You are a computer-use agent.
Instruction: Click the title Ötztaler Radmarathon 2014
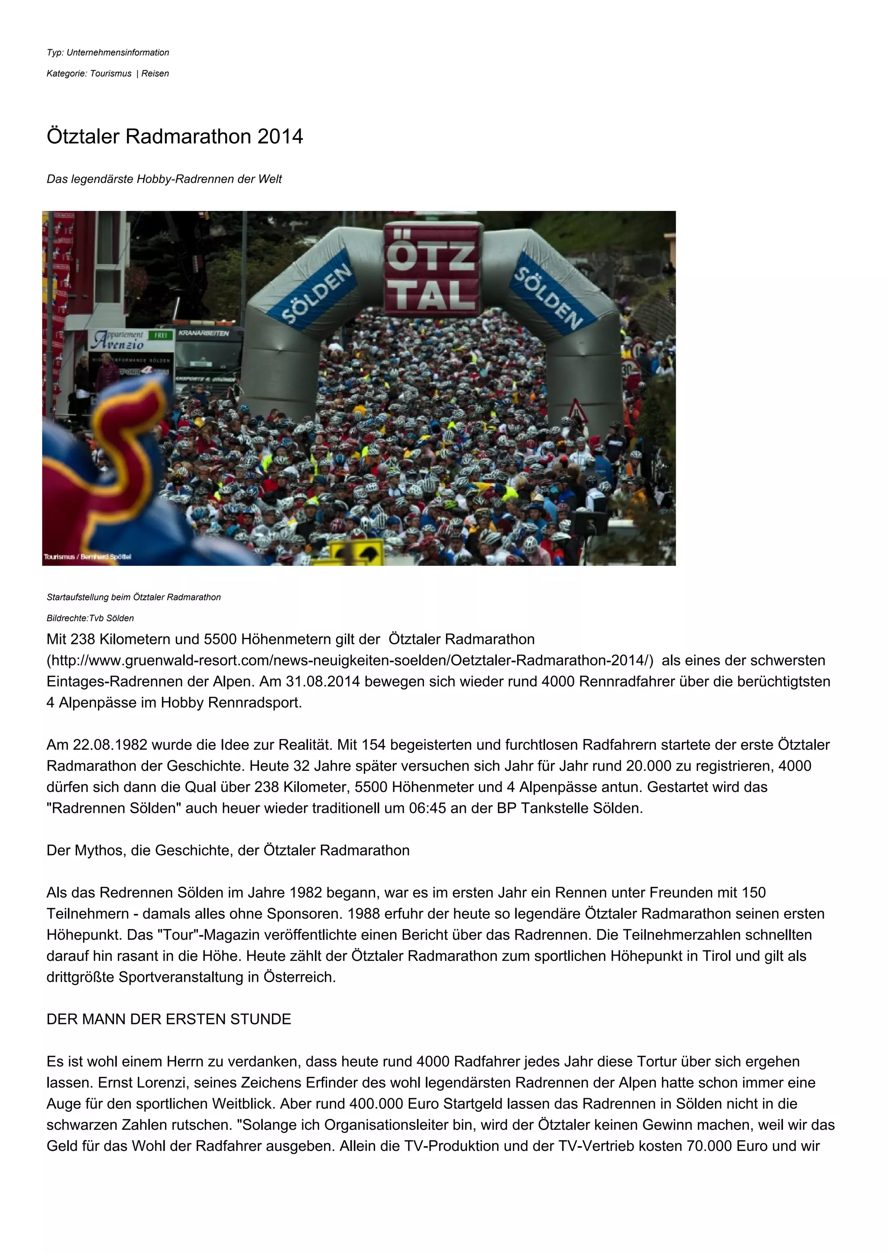tap(175, 136)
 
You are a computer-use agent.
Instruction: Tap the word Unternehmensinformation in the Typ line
tap(117, 52)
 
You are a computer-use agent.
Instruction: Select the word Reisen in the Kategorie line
tap(155, 74)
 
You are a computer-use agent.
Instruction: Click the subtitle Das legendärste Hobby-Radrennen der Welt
tap(164, 179)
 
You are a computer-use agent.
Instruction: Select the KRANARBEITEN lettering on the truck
tap(203, 333)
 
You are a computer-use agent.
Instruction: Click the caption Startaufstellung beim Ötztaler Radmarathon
tap(134, 597)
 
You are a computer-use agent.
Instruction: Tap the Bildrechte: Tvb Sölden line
tap(90, 618)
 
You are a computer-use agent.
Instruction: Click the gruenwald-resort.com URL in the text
tap(350, 660)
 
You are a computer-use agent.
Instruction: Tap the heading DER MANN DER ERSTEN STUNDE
tap(169, 1019)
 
